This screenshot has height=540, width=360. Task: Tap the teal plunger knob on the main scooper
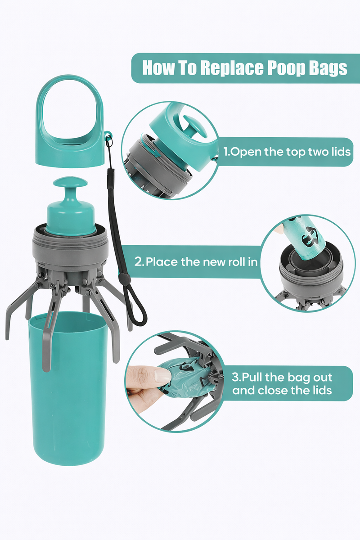click(x=70, y=206)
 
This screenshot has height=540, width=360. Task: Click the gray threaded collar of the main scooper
click(x=70, y=246)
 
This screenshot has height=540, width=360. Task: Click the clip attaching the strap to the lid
click(x=109, y=140)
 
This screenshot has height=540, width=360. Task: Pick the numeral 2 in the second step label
click(x=139, y=262)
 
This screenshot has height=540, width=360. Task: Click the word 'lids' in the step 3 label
click(x=322, y=390)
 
